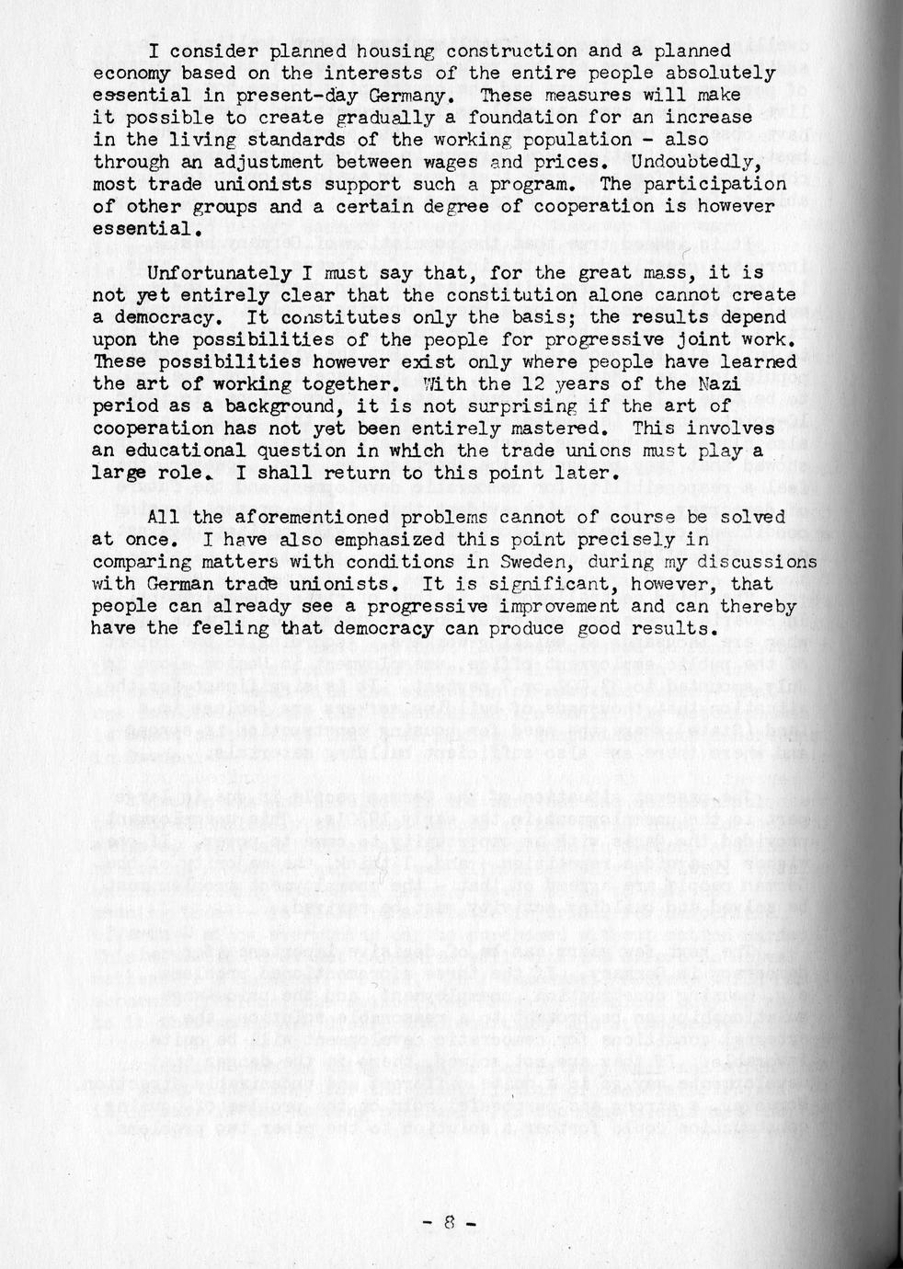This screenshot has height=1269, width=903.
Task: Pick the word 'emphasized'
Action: click(x=337, y=540)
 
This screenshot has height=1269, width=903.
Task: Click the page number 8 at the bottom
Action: click(x=450, y=1223)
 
